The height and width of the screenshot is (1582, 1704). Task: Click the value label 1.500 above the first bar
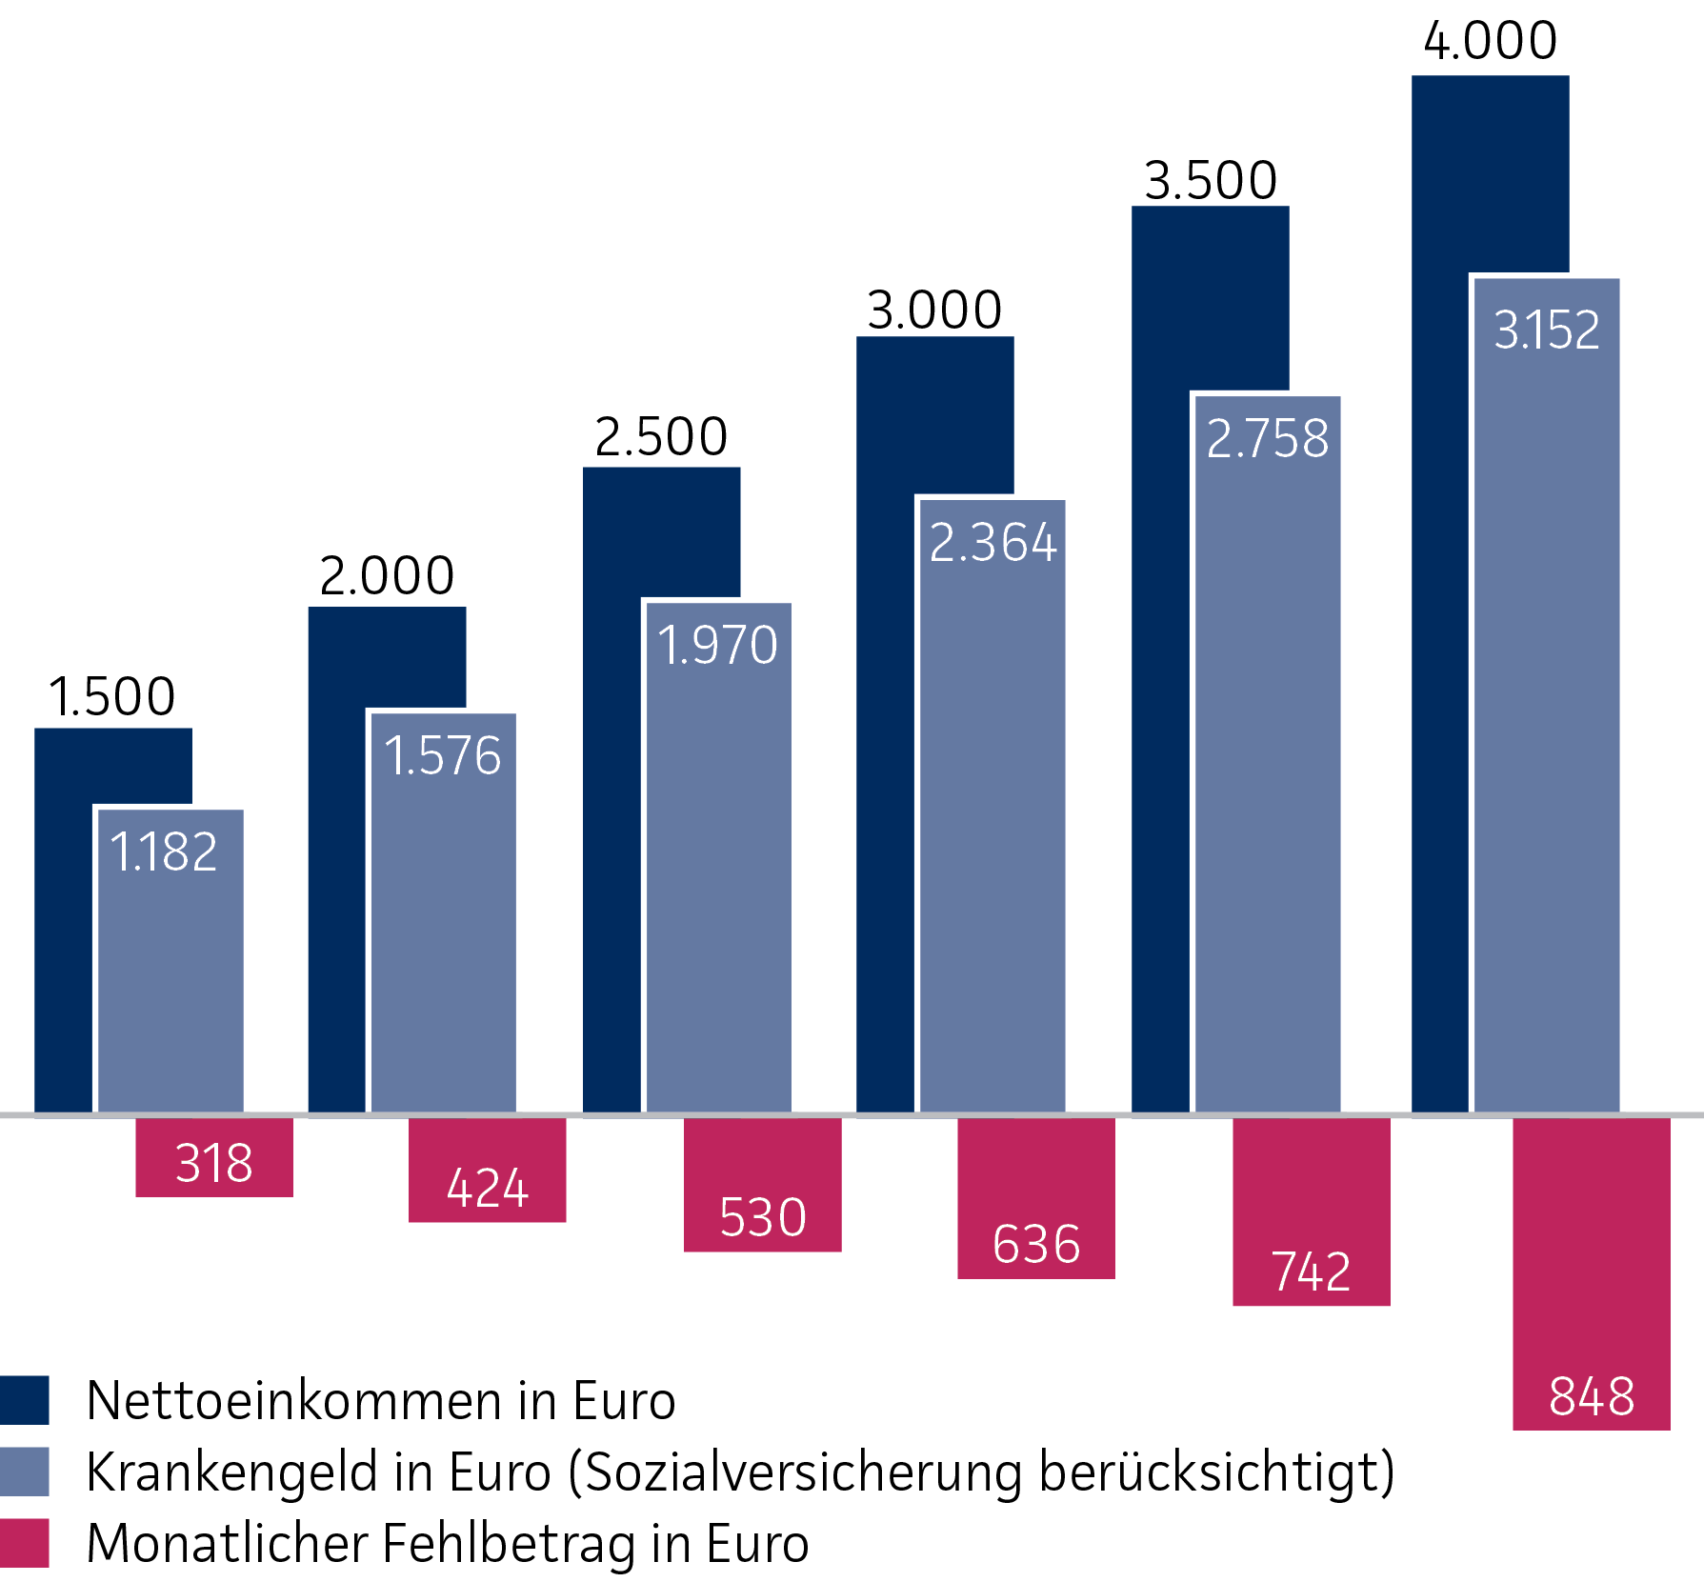pos(112,696)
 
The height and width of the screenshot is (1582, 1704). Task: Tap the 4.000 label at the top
pos(1490,41)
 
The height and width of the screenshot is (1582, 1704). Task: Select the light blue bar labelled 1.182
pos(170,962)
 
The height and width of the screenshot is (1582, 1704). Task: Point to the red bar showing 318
pos(214,1157)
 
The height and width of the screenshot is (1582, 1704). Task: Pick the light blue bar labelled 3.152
pos(1546,695)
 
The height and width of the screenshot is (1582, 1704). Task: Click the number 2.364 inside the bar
pos(992,543)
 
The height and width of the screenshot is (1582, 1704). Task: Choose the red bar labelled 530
pos(762,1184)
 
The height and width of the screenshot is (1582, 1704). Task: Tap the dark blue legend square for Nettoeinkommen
pos(24,1400)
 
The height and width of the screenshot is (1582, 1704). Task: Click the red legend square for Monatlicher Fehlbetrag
pos(24,1543)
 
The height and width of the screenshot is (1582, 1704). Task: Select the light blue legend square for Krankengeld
pos(24,1472)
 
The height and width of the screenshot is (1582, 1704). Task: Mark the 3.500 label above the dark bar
pos(1210,181)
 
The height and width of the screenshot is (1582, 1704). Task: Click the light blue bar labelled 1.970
pos(718,857)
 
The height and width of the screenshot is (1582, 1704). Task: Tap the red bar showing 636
pos(1035,1197)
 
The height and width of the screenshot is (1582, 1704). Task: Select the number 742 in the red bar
pos(1311,1272)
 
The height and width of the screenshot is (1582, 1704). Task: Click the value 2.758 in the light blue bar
pos(1267,439)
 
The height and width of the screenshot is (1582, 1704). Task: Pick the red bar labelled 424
pos(487,1170)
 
